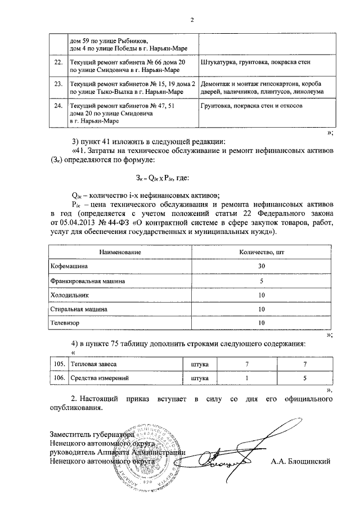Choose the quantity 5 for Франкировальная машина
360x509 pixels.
click(x=261, y=280)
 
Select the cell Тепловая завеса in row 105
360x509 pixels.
click(x=93, y=365)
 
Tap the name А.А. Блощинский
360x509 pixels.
click(x=299, y=461)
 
